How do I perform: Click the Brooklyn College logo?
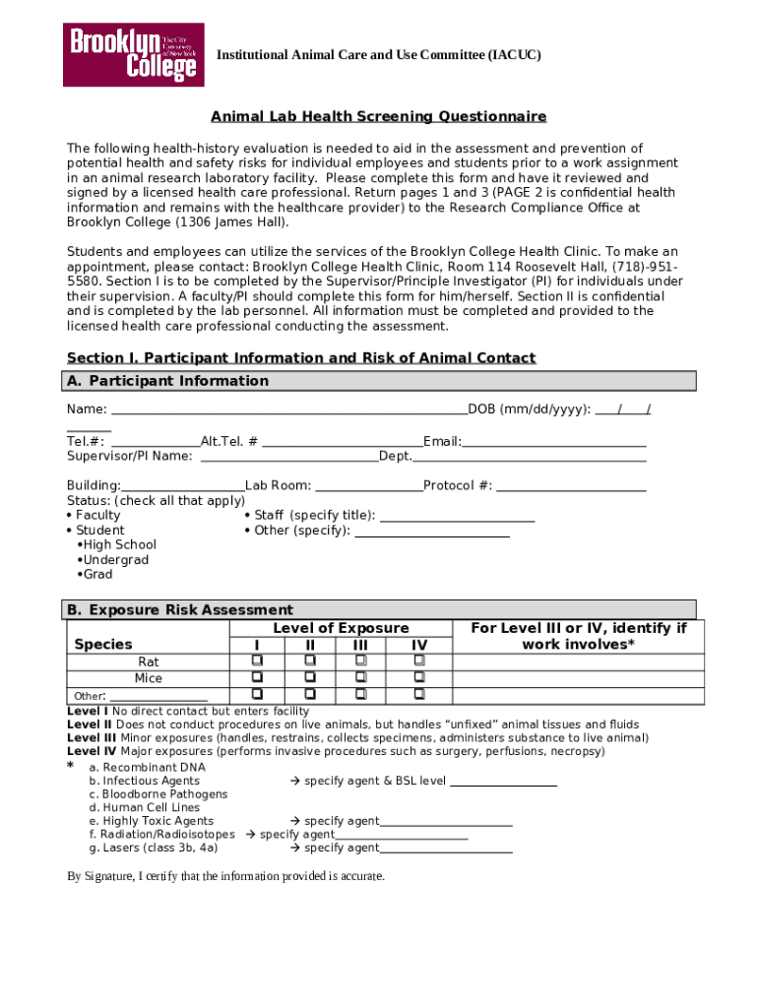pyautogui.click(x=134, y=54)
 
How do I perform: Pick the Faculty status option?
pyautogui.click(x=96, y=515)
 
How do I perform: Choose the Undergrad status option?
pyautogui.click(x=115, y=560)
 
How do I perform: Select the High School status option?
pyautogui.click(x=119, y=545)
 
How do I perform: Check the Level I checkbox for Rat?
pyautogui.click(x=257, y=661)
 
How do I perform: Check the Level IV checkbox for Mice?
pyautogui.click(x=419, y=677)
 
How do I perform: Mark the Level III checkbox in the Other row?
pyautogui.click(x=361, y=695)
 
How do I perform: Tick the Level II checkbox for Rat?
pyautogui.click(x=310, y=661)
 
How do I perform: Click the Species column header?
pyautogui.click(x=103, y=644)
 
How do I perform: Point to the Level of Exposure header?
pyautogui.click(x=341, y=628)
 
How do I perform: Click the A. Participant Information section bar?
pyautogui.click(x=381, y=381)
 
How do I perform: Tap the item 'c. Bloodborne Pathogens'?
pyautogui.click(x=158, y=794)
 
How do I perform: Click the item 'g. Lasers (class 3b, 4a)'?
pyautogui.click(x=153, y=848)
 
